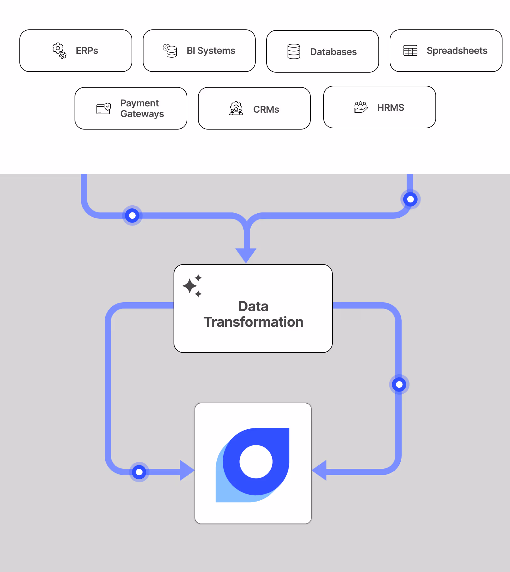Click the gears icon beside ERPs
click(x=59, y=51)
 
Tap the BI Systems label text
click(x=211, y=51)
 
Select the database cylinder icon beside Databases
click(x=294, y=52)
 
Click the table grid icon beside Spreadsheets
click(x=410, y=51)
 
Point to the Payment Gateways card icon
click(x=104, y=109)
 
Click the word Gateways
click(x=142, y=114)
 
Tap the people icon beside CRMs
click(x=236, y=109)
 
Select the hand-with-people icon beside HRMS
click(x=361, y=107)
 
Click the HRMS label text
click(x=390, y=108)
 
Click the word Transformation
click(x=253, y=322)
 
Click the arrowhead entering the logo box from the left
click(x=187, y=470)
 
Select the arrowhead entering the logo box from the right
click(x=320, y=470)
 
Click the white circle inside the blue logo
click(x=256, y=462)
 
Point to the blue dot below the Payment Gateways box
click(x=132, y=215)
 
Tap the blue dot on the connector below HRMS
click(x=410, y=199)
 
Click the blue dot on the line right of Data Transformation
click(x=399, y=384)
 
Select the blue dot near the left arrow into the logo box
click(x=139, y=472)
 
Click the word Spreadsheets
click(x=457, y=51)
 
